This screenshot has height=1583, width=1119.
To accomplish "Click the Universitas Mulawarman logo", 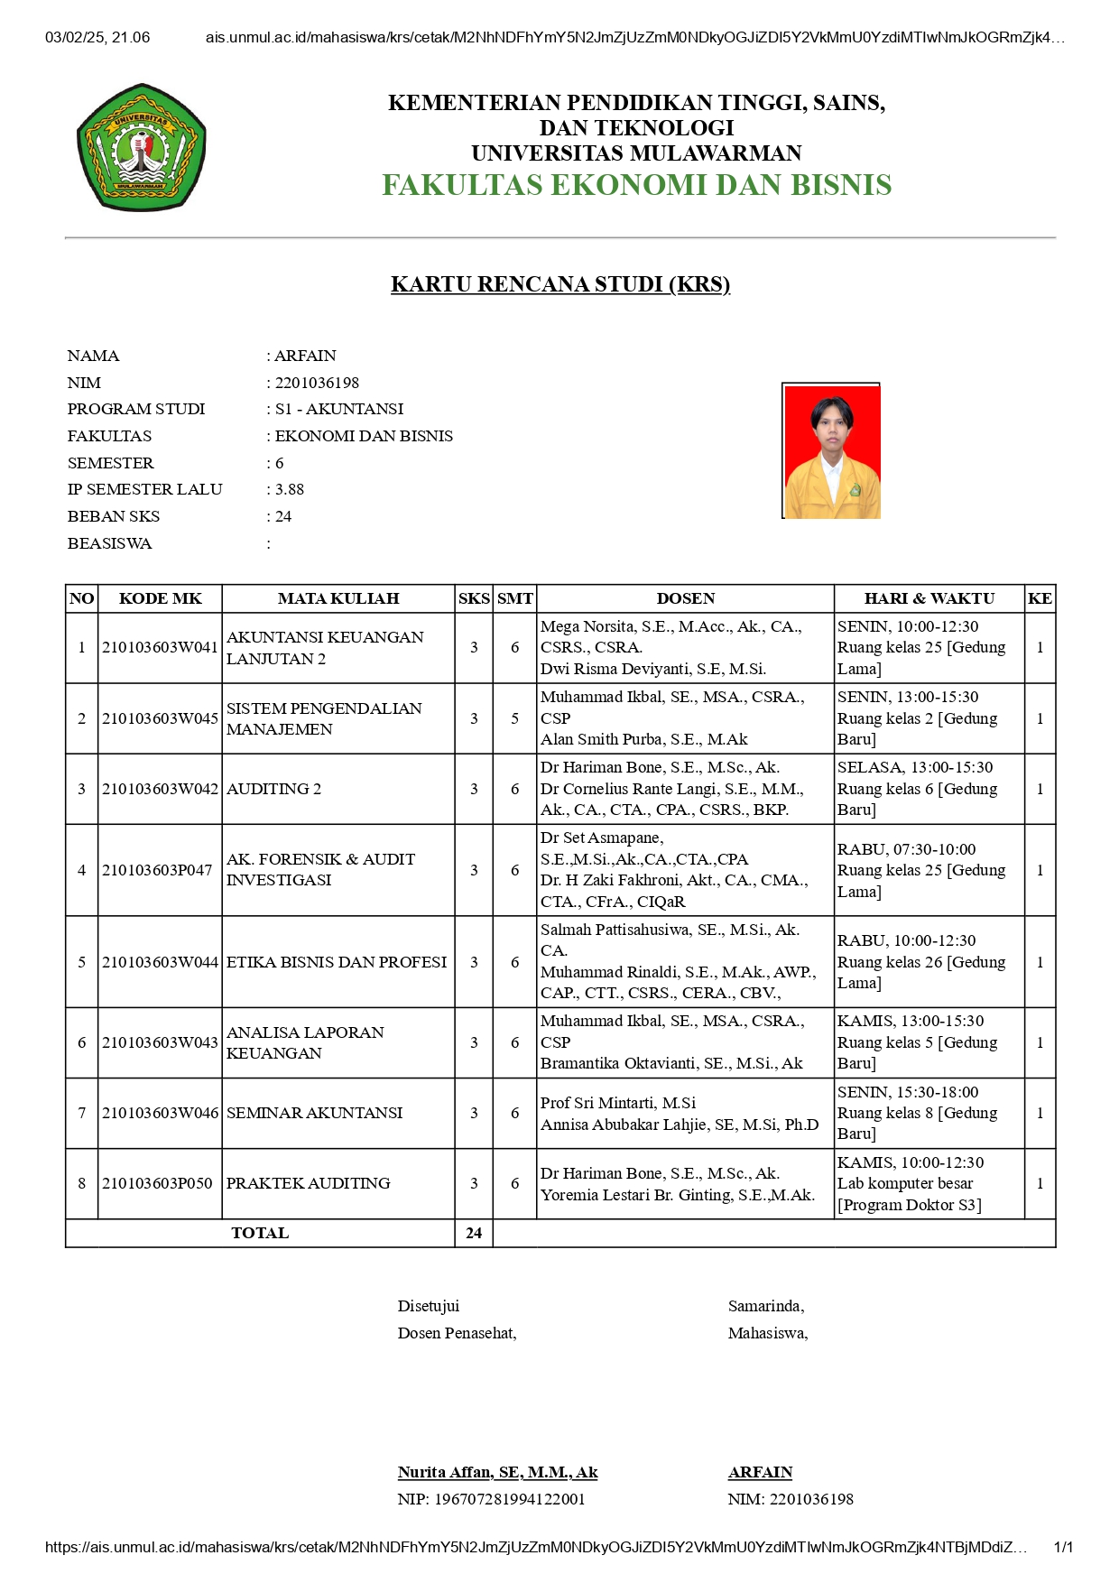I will click(x=142, y=148).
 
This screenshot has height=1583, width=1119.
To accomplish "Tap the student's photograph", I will click(x=831, y=451).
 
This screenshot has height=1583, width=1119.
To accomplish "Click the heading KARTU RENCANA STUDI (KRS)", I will click(x=559, y=284).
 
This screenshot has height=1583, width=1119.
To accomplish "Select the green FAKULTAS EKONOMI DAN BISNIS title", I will click(x=636, y=185).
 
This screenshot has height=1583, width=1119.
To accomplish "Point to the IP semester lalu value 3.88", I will click(x=290, y=489).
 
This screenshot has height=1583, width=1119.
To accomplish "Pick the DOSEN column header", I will click(x=685, y=598).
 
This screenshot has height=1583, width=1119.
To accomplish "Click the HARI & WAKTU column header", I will click(x=929, y=598).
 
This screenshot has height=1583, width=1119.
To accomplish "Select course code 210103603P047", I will click(x=157, y=870).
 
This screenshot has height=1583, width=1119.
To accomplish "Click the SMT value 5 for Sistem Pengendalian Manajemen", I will click(x=514, y=718).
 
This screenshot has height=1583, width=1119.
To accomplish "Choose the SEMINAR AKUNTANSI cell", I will click(x=314, y=1113).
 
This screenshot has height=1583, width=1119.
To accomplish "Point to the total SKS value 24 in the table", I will click(x=474, y=1233).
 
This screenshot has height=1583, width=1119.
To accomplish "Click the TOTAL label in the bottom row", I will click(x=260, y=1233).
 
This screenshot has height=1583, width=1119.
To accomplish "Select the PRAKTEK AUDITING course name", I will click(x=308, y=1183).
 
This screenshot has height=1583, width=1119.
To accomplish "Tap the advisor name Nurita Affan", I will click(x=497, y=1472).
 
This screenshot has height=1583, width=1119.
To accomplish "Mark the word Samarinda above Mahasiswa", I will click(x=765, y=1306).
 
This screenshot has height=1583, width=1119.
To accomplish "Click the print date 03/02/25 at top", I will click(x=77, y=38).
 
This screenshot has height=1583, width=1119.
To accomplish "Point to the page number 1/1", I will click(x=1063, y=1547).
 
